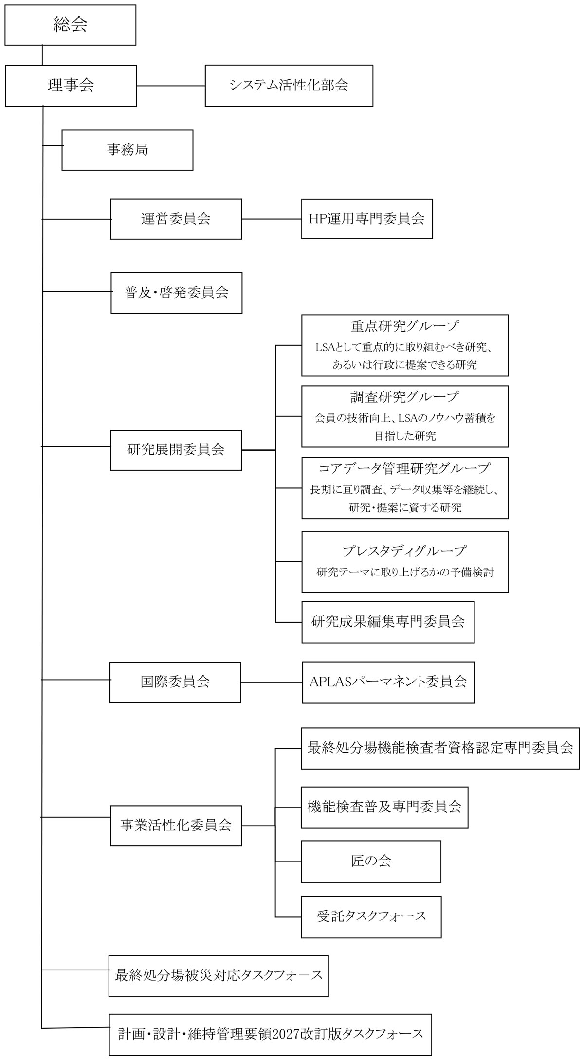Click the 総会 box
pyautogui.click(x=70, y=25)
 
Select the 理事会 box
pyautogui.click(x=71, y=85)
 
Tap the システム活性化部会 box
pyautogui.click(x=289, y=85)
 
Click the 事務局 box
pyautogui.click(x=127, y=149)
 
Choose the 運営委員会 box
pyautogui.click(x=176, y=219)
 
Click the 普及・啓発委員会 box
pyautogui.click(x=176, y=292)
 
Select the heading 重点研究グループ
pyautogui.click(x=404, y=326)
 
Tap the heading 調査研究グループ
pyautogui.click(x=404, y=397)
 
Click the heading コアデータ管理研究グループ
pyautogui.click(x=404, y=468)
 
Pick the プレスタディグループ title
pyautogui.click(x=404, y=551)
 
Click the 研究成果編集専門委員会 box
pyautogui.click(x=388, y=621)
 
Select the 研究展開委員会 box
pyautogui.click(x=176, y=449)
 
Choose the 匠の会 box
pyautogui.click(x=371, y=861)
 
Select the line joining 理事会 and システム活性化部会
pyautogui.click(x=170, y=86)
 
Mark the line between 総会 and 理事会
pyautogui.click(x=42, y=55)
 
